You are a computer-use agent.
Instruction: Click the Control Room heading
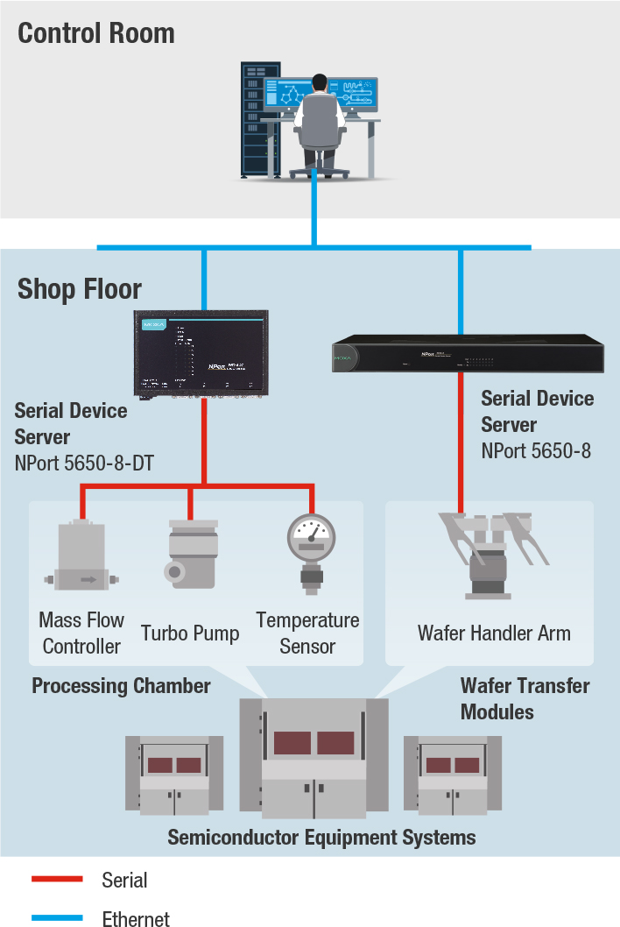pos(96,33)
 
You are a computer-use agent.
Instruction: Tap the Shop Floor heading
pos(80,288)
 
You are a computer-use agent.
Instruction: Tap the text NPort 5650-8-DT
pos(84,463)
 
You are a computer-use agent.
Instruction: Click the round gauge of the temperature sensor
pos(311,537)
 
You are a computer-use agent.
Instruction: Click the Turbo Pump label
pos(190,633)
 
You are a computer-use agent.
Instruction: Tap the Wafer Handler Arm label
pos(494,633)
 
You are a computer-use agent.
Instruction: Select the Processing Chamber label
pos(121,685)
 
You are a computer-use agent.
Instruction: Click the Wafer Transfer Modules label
pos(525,698)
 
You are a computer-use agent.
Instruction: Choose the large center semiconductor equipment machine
pos(314,758)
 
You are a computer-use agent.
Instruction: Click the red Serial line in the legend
pos(57,879)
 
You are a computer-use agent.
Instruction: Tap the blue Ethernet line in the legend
pos(57,917)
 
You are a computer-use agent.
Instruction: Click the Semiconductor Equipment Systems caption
pos(321,837)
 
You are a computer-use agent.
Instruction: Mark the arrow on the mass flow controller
pos(88,579)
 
